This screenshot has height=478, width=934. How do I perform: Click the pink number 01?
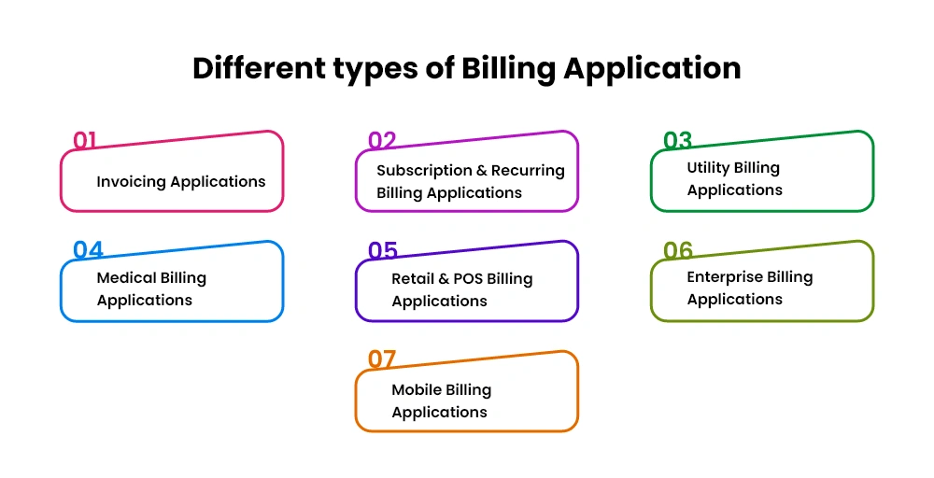pos(84,140)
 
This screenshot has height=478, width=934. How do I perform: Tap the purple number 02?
pos(382,140)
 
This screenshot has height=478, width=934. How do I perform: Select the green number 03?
pos(677,140)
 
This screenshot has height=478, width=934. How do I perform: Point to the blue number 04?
pos(88,250)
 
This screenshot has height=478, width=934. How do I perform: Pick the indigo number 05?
pos(382,250)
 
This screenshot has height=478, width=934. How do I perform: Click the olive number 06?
pos(678,250)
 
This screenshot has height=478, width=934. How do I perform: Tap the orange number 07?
pos(381,359)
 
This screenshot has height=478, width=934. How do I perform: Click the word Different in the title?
pos(260,67)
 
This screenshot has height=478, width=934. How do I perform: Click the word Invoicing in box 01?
pos(132,181)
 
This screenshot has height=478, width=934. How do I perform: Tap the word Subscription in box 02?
pos(423,171)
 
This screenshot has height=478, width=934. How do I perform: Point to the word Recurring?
pos(528,171)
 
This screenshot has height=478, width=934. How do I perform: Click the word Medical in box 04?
pos(122,277)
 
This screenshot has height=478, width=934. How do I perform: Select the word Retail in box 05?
pos(412,278)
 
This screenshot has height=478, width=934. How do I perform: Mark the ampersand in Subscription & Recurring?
pos(481,171)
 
